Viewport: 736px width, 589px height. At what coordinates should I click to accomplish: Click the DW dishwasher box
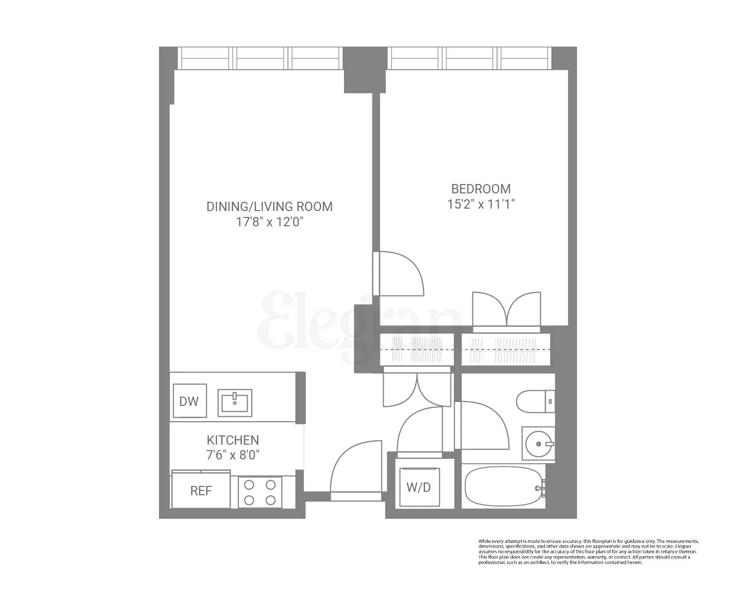coord(189,401)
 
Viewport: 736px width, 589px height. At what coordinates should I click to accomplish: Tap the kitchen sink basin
coord(235,402)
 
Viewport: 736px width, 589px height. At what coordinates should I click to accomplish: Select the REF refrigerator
coord(201,490)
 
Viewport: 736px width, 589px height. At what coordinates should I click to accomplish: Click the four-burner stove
coord(260,492)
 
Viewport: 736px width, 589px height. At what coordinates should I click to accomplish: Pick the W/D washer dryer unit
coord(419,487)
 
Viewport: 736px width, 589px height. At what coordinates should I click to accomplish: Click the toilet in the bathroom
coord(534,402)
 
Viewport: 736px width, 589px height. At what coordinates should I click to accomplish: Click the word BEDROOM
coord(481,189)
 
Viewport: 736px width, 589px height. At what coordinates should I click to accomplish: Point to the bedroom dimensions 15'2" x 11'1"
coord(481,204)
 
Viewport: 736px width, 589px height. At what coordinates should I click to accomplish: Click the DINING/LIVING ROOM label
coord(269,207)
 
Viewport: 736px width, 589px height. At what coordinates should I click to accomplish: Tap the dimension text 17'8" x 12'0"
coord(269,222)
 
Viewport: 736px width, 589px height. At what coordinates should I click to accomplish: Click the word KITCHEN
coord(233,440)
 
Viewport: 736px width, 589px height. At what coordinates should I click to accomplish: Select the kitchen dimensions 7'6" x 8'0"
coord(233,455)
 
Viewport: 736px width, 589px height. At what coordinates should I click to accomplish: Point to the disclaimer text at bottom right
coord(588,551)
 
